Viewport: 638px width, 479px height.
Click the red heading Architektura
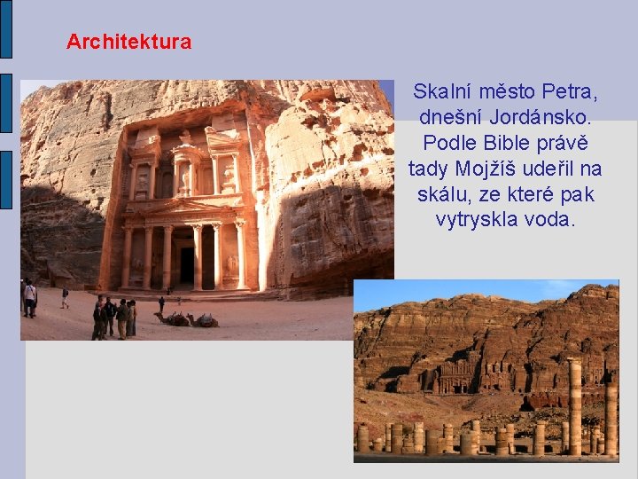click(128, 42)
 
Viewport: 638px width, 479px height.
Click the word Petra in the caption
click(570, 91)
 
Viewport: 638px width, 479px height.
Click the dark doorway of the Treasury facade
click(187, 265)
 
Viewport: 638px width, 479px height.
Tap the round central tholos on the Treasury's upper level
click(186, 169)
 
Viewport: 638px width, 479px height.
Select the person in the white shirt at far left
click(29, 297)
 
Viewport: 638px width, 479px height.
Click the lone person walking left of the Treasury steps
click(65, 297)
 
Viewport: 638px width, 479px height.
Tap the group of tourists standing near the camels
click(114, 318)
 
